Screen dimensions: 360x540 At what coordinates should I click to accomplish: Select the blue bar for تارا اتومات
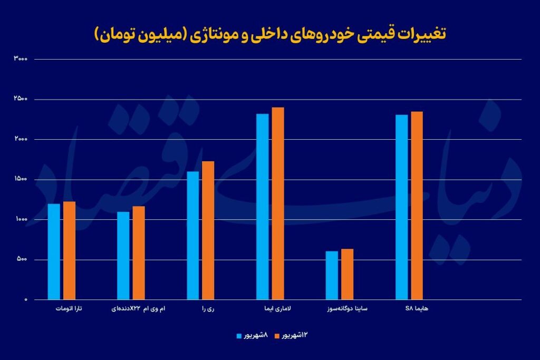pyautogui.click(x=54, y=251)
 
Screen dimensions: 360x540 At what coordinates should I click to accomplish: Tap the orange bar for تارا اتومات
pyautogui.click(x=69, y=250)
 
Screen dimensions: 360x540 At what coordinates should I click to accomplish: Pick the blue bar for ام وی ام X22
pyautogui.click(x=123, y=256)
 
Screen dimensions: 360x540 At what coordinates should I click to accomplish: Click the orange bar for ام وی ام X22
pyautogui.click(x=139, y=252)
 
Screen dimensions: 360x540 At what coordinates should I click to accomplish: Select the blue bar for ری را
pyautogui.click(x=193, y=235)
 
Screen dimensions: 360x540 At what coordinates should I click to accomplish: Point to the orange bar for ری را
pyautogui.click(x=208, y=230)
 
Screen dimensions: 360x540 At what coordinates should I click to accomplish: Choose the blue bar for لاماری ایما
pyautogui.click(x=263, y=207)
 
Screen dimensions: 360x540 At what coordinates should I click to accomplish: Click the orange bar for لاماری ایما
pyautogui.click(x=278, y=203)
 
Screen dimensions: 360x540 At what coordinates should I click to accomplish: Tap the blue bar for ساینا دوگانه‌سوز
pyautogui.click(x=332, y=275)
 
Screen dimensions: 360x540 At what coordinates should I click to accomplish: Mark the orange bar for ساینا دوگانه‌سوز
pyautogui.click(x=347, y=274)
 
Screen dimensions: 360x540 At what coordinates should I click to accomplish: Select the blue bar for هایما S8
pyautogui.click(x=401, y=207)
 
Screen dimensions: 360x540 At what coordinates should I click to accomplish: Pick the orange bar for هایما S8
pyautogui.click(x=417, y=206)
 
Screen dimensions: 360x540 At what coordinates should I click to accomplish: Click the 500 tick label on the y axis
pyautogui.click(x=22, y=260)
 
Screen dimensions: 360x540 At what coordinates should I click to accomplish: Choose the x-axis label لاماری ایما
pyautogui.click(x=270, y=308)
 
